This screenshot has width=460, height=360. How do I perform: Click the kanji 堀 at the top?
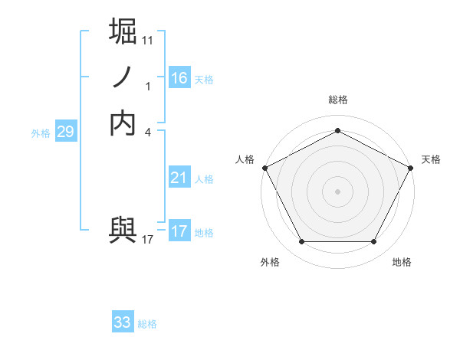click(123, 34)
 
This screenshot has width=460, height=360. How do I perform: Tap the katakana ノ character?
click(123, 77)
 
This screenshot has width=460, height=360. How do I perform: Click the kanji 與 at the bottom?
click(123, 230)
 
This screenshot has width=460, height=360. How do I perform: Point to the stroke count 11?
click(148, 40)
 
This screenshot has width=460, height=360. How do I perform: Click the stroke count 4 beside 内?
click(148, 132)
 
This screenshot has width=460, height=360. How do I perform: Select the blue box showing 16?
click(179, 78)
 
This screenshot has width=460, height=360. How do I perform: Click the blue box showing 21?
click(179, 178)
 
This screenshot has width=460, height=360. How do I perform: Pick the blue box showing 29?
click(65, 132)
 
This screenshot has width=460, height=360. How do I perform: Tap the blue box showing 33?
click(123, 322)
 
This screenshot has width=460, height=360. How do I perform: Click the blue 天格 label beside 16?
click(204, 80)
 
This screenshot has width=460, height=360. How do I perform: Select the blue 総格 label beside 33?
click(147, 324)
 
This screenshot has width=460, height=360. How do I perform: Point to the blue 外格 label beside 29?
click(41, 133)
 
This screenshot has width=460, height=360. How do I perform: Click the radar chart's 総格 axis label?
click(338, 100)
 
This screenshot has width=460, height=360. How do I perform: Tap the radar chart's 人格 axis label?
click(245, 159)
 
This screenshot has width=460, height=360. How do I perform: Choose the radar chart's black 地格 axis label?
click(402, 262)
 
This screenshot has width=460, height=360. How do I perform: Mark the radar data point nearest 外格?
click(301, 242)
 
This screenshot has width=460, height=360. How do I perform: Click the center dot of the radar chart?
click(338, 191)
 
